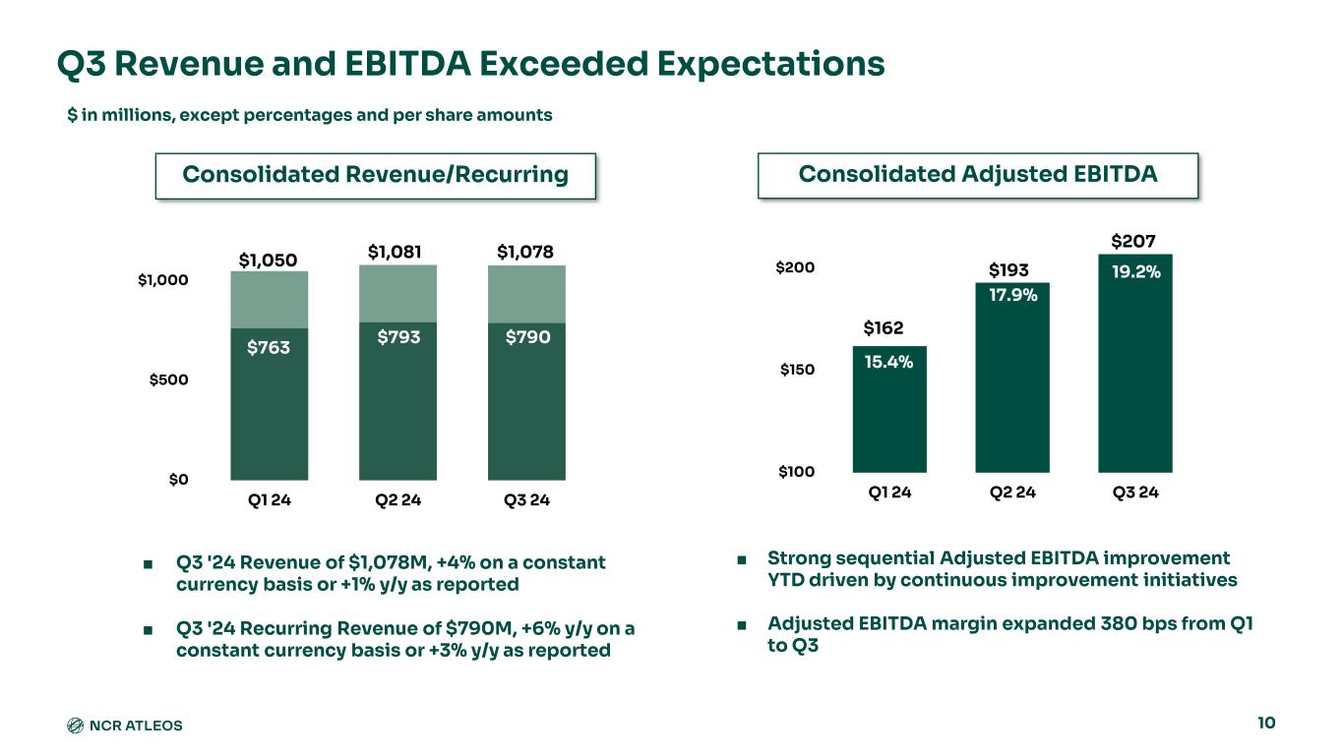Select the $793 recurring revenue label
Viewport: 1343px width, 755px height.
click(x=398, y=337)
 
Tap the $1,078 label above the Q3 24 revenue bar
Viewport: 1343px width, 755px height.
click(x=526, y=253)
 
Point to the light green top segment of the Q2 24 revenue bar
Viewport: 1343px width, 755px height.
click(x=398, y=293)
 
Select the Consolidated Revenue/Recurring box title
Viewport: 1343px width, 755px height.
click(x=376, y=175)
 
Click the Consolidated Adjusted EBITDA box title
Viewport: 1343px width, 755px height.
click(x=978, y=174)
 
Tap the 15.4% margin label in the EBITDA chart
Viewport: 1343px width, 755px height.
click(x=889, y=363)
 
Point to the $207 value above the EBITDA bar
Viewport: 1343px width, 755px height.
click(x=1133, y=241)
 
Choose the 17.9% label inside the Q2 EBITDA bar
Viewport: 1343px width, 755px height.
click(x=1012, y=293)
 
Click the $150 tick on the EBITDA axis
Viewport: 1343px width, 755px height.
click(x=797, y=370)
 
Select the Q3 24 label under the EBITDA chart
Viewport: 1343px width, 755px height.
click(x=1134, y=493)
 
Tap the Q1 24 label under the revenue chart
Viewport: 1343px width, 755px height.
click(x=269, y=500)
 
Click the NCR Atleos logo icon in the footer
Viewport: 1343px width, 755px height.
click(x=75, y=726)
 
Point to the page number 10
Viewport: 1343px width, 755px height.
click(x=1266, y=724)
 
